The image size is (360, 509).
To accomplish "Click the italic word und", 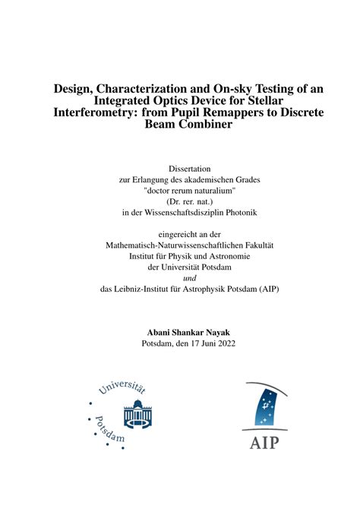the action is click(179, 278).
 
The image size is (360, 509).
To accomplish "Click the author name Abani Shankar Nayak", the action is click(179, 332).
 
